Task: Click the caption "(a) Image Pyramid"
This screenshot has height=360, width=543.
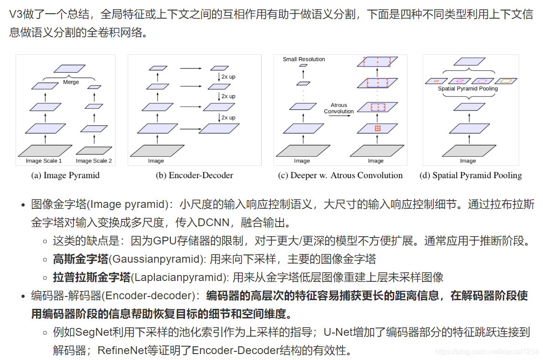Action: coord(65,175)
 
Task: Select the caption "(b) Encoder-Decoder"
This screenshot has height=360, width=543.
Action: coord(194,175)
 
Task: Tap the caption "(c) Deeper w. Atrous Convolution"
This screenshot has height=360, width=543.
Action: coord(340,175)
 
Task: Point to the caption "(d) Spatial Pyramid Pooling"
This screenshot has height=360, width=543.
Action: coord(470,175)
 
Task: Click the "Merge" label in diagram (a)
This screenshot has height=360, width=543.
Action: coord(71,82)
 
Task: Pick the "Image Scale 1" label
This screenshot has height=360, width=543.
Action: coord(44,161)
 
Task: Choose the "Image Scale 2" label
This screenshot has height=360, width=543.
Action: coord(94,161)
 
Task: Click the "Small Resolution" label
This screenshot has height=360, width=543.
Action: coord(304,59)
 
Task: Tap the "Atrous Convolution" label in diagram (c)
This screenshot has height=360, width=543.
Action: coord(339,108)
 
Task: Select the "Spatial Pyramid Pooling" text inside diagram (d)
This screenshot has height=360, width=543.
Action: coord(468,89)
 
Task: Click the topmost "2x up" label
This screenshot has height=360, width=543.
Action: coord(228,77)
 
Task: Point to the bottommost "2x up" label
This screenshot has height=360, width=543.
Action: coord(228,117)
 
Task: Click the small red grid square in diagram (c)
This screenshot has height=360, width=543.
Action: coord(377,128)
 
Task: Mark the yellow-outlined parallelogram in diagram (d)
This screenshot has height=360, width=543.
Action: coord(506,81)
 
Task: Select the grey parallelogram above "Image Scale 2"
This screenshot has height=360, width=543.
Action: coord(94,150)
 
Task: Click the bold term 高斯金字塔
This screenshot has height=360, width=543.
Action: coord(80,259)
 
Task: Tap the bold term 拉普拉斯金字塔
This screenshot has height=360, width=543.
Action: coord(91,277)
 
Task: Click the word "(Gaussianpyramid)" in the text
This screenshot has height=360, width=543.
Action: coord(157,259)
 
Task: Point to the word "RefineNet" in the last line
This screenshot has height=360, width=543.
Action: coord(118,350)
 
